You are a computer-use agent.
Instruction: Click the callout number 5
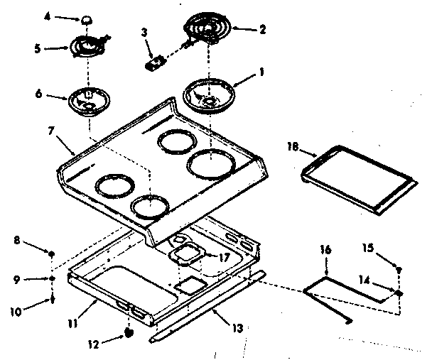pyautogui.click(x=48, y=49)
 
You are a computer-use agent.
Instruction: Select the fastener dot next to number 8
pyautogui.click(x=53, y=253)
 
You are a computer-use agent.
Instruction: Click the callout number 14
pyautogui.click(x=364, y=280)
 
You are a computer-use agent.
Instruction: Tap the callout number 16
pyautogui.click(x=325, y=250)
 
